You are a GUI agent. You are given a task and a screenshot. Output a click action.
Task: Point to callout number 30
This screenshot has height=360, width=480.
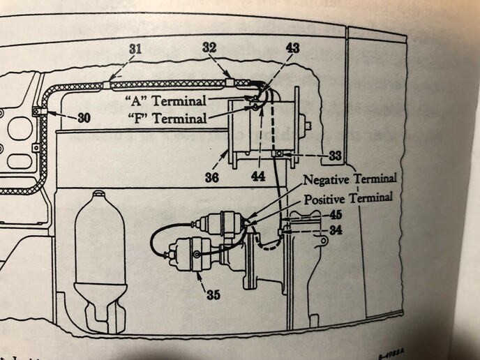84,119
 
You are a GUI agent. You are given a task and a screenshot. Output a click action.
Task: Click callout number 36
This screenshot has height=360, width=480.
211,178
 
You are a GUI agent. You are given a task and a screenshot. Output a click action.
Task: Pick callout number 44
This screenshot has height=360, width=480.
259,178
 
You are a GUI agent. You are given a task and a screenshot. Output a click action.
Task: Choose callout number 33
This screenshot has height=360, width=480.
336,155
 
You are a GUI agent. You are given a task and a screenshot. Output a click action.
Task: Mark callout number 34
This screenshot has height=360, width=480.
336,229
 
